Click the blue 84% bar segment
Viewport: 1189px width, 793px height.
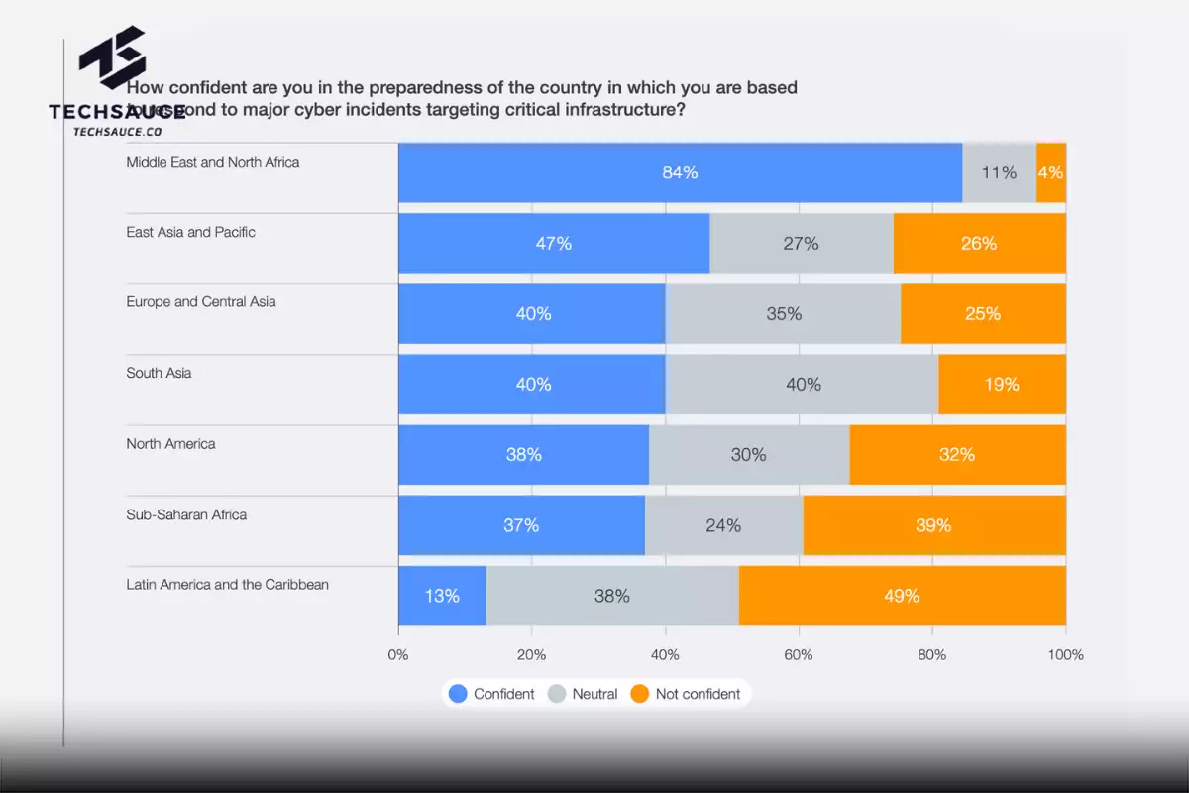click(680, 172)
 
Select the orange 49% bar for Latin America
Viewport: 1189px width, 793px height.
click(902, 596)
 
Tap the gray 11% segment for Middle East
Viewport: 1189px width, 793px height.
click(999, 172)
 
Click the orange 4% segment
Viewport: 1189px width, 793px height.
click(1051, 172)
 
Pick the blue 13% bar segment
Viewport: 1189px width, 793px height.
click(442, 596)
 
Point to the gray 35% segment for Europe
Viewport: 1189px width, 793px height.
click(783, 313)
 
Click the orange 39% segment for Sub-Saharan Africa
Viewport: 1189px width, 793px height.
click(933, 525)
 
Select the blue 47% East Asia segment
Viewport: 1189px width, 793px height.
click(554, 243)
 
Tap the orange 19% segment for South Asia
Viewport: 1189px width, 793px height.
click(1002, 384)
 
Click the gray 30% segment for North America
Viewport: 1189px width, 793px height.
click(749, 454)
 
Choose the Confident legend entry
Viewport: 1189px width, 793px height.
click(492, 694)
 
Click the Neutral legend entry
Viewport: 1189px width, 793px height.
click(584, 694)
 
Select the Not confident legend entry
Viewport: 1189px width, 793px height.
click(686, 694)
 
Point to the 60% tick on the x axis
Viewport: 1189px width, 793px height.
click(799, 654)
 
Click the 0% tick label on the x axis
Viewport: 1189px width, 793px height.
click(398, 654)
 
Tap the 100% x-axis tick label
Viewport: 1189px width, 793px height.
click(1066, 654)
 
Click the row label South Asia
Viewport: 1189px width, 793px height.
click(159, 374)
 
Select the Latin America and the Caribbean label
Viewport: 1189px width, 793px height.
click(227, 585)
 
